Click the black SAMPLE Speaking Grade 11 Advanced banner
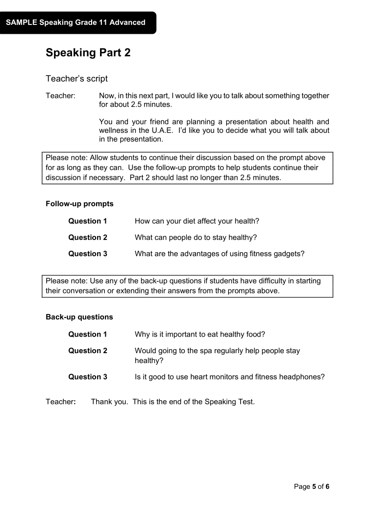coord(76,23)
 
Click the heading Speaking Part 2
coord(88,53)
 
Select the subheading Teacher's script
coord(76,79)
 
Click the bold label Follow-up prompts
coord(79,204)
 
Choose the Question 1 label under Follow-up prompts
coord(88,221)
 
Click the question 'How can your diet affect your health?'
coord(197,221)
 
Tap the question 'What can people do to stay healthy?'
coord(196,238)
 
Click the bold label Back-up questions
coord(79,317)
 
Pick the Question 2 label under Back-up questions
coord(88,351)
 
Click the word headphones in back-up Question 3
coord(302,377)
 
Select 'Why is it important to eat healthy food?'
coord(200,335)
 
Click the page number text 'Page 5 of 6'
coord(311,486)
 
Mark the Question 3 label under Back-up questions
coord(88,377)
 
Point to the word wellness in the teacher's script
coord(114,130)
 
